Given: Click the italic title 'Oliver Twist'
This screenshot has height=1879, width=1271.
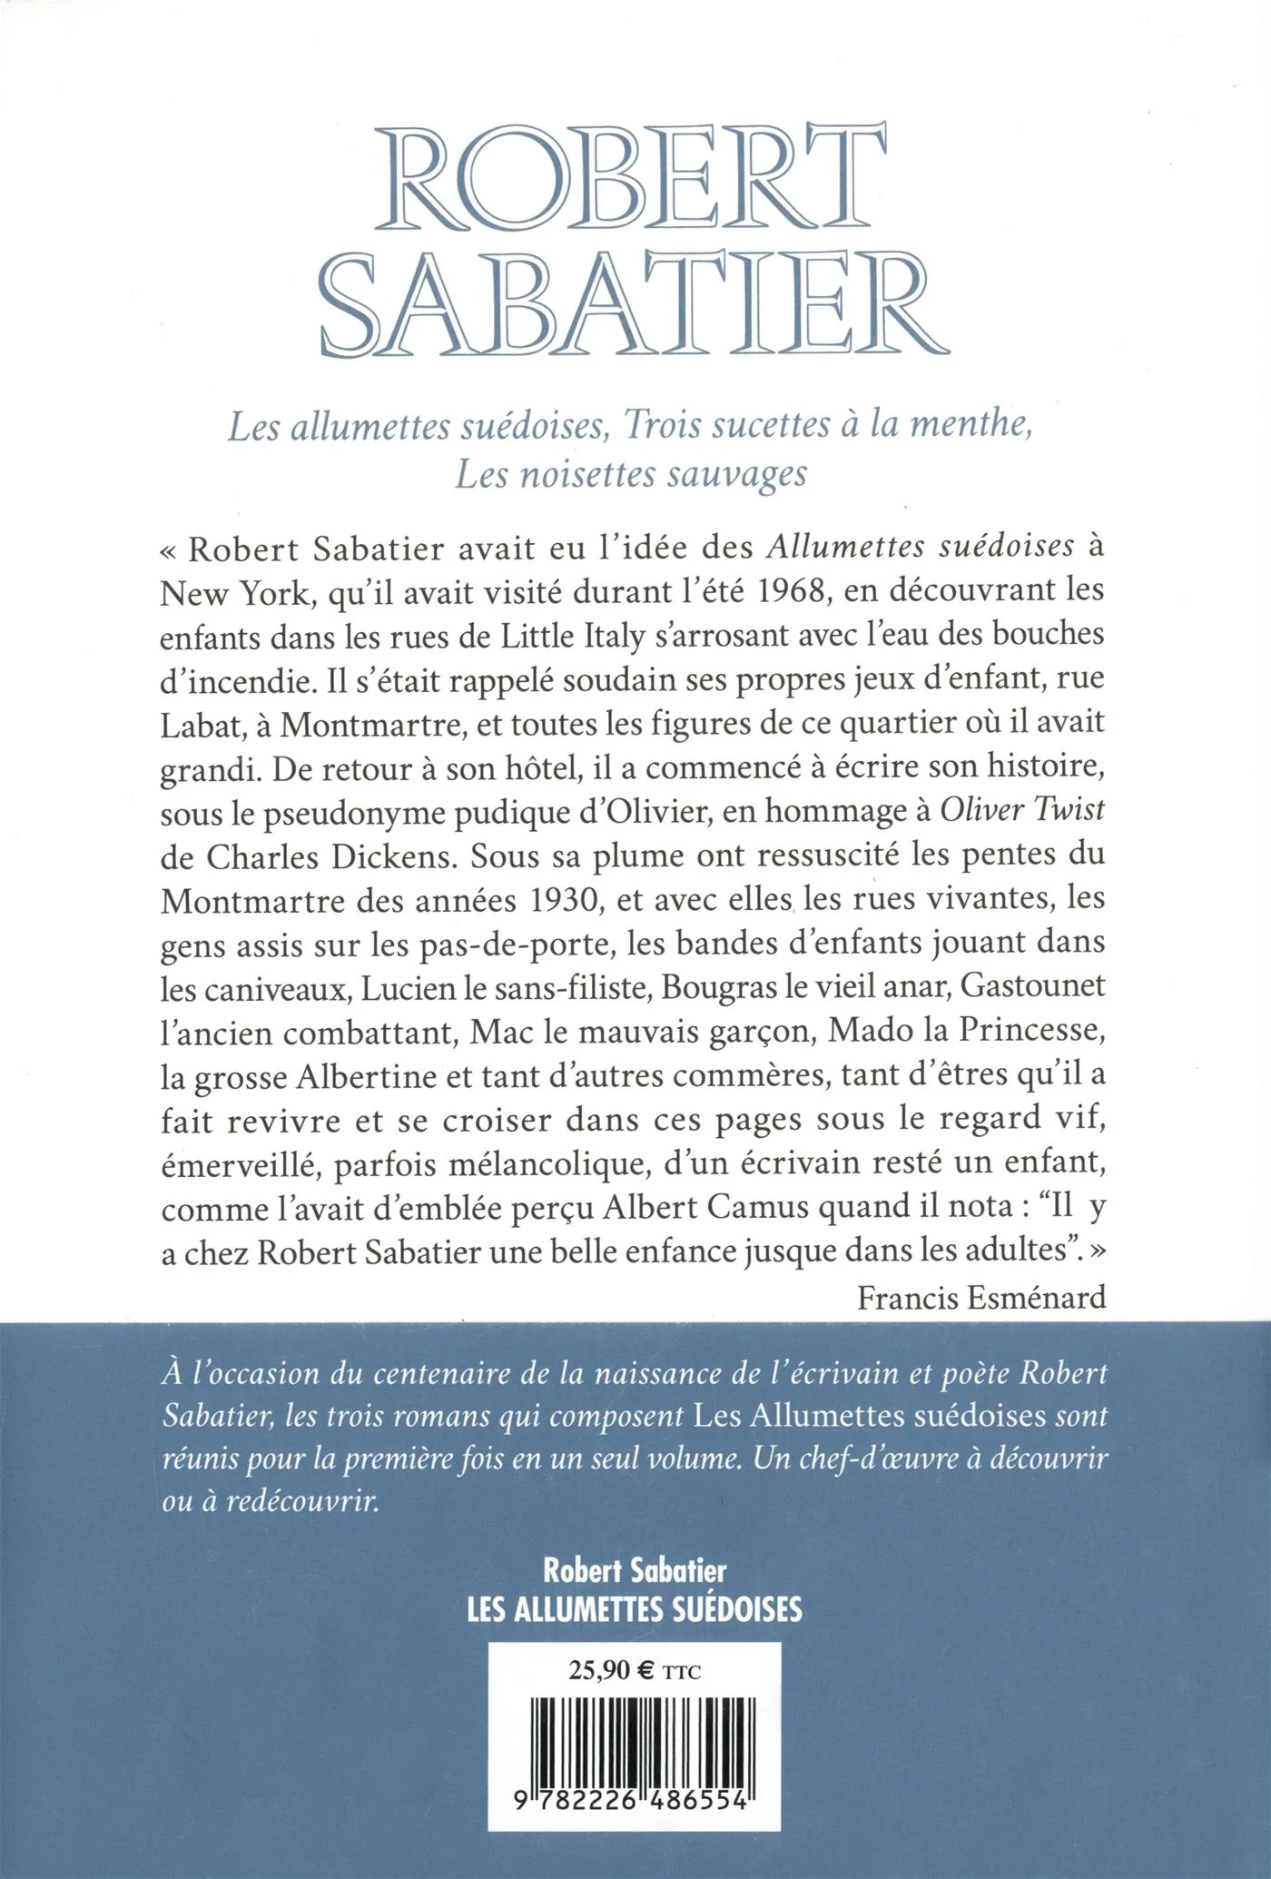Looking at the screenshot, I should point(1022,810).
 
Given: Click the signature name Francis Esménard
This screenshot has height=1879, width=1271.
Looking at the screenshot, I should point(981,1298).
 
